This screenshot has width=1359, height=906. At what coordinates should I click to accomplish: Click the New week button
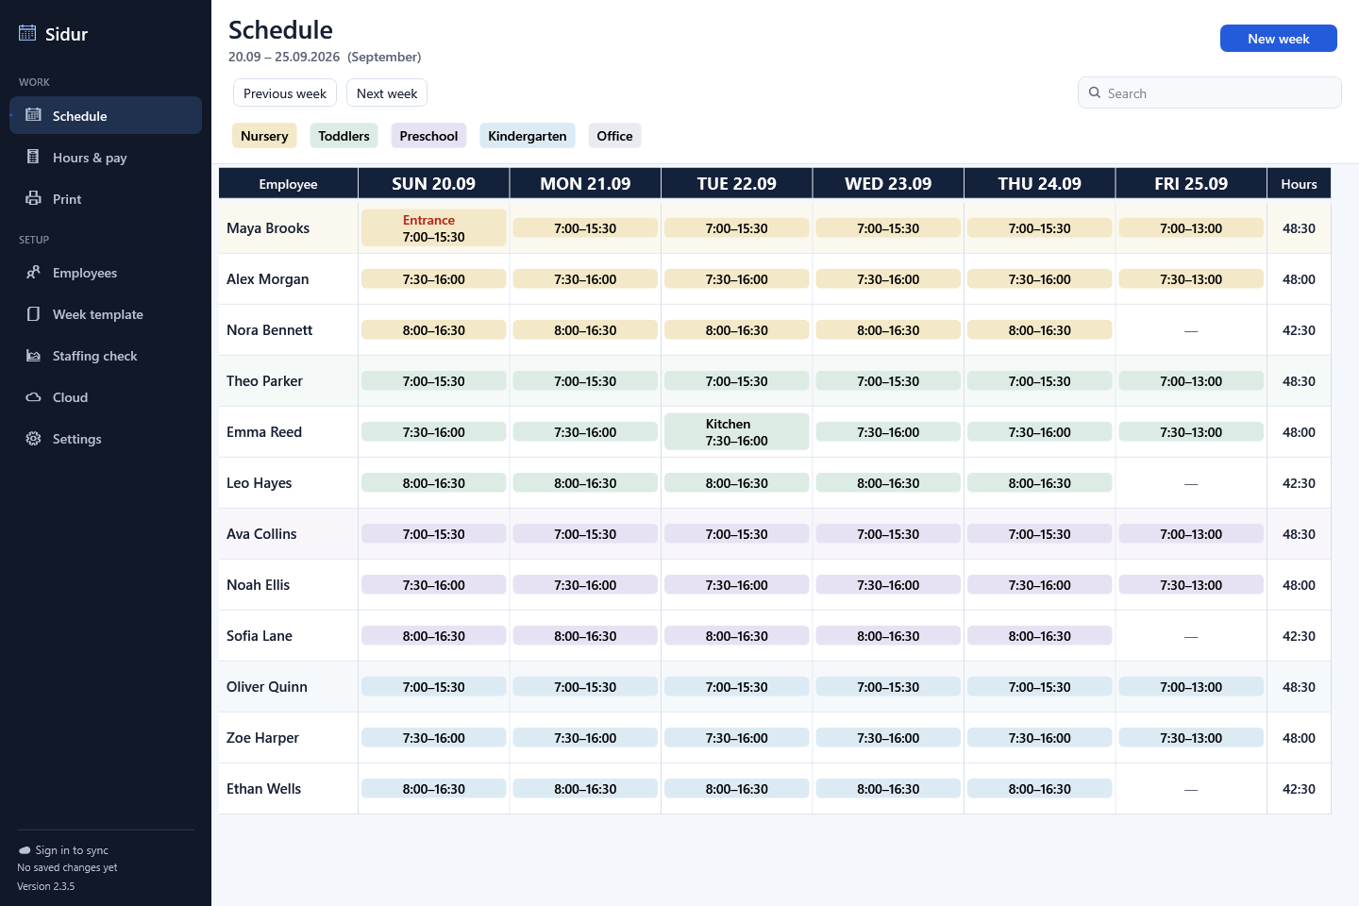(x=1278, y=39)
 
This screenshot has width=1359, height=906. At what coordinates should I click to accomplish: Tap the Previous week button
(x=285, y=92)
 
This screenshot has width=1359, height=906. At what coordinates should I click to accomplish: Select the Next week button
(x=387, y=92)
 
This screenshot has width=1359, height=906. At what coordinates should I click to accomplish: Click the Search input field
(x=1209, y=92)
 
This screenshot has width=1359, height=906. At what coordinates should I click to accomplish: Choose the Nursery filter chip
(x=264, y=135)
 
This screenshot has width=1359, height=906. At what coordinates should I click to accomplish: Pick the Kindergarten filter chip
(x=528, y=135)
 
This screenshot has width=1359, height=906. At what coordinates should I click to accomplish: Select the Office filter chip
(x=614, y=135)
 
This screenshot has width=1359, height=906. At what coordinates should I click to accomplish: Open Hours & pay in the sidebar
(x=90, y=158)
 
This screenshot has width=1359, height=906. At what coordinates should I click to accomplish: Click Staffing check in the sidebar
(x=94, y=356)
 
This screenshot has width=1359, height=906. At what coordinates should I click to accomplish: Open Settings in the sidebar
(x=77, y=439)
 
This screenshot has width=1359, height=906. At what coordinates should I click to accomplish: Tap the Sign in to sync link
(x=72, y=849)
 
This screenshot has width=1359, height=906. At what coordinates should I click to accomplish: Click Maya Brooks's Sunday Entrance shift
(x=433, y=228)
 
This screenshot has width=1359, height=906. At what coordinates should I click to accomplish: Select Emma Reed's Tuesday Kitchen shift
(x=736, y=432)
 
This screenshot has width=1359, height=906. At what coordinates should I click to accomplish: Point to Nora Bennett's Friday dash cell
(x=1191, y=330)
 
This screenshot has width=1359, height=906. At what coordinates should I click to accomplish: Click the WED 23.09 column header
(x=888, y=183)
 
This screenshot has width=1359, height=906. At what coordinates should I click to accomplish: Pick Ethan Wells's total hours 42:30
(x=1299, y=789)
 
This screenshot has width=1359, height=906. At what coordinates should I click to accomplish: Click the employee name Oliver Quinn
(x=267, y=686)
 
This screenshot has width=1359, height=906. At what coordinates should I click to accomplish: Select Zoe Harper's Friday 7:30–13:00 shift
(x=1191, y=738)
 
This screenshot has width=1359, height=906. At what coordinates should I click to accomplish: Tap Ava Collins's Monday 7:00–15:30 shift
(x=585, y=534)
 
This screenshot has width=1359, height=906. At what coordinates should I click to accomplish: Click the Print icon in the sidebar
(x=33, y=198)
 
